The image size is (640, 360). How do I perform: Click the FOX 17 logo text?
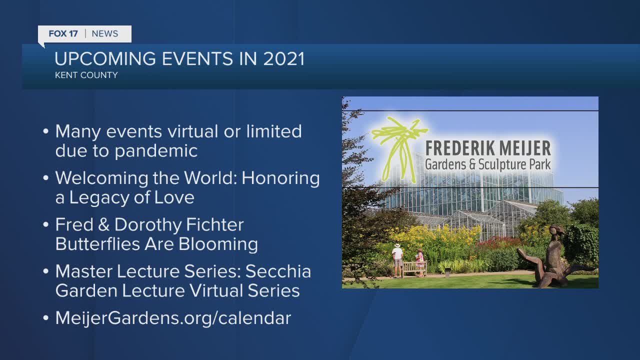coord(63,33)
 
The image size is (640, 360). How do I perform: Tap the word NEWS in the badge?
coord(105,33)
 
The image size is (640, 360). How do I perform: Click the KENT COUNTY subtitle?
coord(86,75)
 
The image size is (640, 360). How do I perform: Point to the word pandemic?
coord(156,151)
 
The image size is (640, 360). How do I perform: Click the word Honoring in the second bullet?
coord(280,179)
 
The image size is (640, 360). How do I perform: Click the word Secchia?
coord(278,271)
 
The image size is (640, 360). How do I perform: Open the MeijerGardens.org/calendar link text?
coord(173,318)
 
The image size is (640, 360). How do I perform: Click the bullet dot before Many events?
coord(45,131)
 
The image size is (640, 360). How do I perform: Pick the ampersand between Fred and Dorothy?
coord(103,225)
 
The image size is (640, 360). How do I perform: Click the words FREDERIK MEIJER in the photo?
coord(488,148)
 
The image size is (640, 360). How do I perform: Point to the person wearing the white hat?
coord(397,259)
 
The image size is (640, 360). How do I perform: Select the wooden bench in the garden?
coord(414,269)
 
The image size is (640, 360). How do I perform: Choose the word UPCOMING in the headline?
coord(105,59)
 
